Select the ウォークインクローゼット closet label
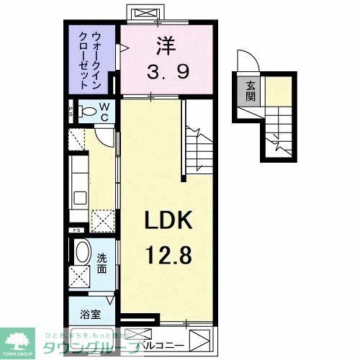pyautogui.click(x=93, y=60)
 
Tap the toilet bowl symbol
pyautogui.click(x=86, y=112)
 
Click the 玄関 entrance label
pyautogui.click(x=251, y=92)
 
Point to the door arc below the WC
pyautogui.click(x=102, y=135)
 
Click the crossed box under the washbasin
pyautogui.click(x=80, y=276)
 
